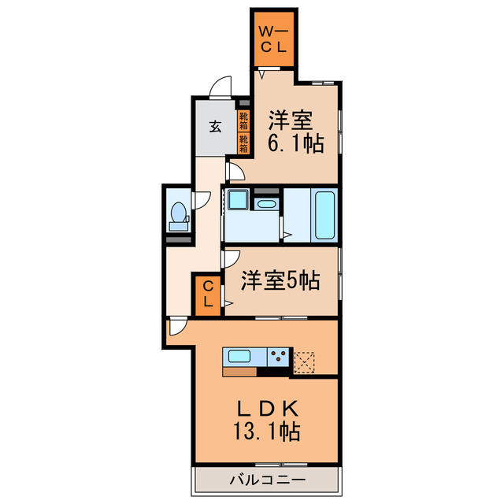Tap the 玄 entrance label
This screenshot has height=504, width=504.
214,124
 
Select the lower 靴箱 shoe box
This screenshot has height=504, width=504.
243,143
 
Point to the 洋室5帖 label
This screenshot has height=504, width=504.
280,280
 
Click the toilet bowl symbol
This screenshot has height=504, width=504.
179,214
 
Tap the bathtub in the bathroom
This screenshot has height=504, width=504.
325,215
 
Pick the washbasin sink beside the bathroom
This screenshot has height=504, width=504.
267,206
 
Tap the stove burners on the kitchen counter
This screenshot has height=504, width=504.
279,357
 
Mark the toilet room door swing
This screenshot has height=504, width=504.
202,200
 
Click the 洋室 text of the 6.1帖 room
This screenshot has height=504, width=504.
291,121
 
